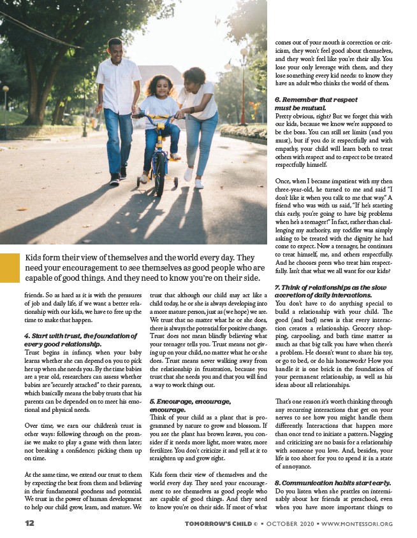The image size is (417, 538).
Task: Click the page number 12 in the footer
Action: coord(29,523)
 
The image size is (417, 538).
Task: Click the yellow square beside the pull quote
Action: coord(10,267)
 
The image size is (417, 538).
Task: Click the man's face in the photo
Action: coord(115,50)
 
